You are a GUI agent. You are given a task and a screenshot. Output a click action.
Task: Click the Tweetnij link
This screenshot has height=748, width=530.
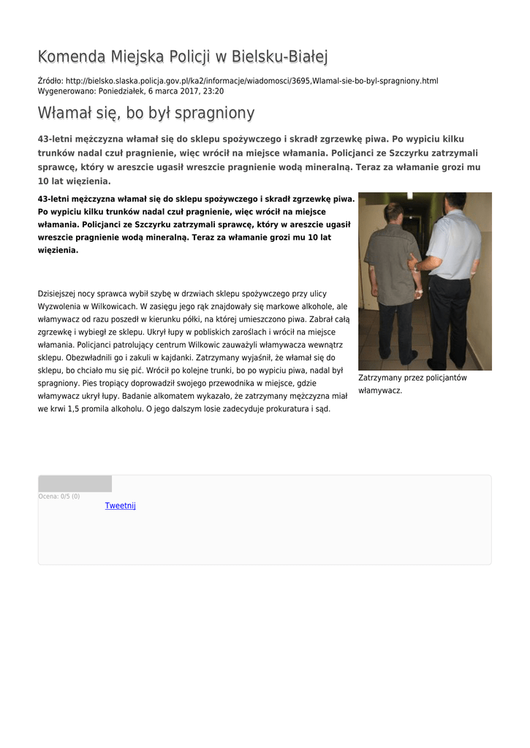click(120, 505)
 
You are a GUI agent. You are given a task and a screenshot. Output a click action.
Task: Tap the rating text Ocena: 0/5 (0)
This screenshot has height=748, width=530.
click(59, 497)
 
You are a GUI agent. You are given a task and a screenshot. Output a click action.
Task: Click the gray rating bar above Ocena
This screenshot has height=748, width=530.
click(75, 484)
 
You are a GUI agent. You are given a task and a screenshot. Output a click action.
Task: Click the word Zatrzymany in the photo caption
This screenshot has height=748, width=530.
click(377, 378)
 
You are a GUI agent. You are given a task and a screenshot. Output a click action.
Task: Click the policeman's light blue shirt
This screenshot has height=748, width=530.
click(455, 245)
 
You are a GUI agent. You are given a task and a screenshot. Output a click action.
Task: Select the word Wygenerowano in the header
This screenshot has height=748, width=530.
click(66, 91)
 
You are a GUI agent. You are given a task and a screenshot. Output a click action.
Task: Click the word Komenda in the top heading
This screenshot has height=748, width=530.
click(71, 56)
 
